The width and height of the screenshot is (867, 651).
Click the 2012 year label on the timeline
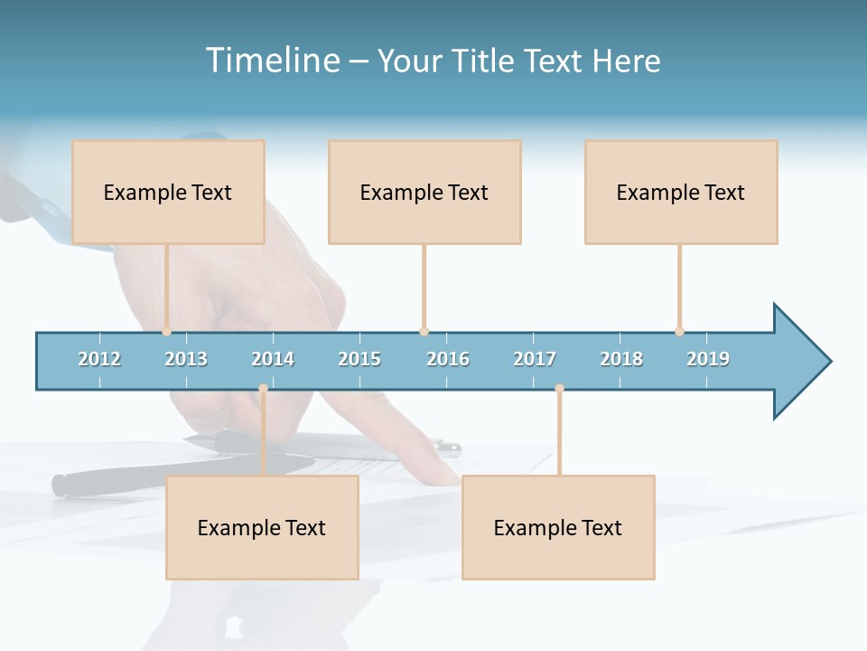99,359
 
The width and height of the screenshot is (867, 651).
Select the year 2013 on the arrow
186,359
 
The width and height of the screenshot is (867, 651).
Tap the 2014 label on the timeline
273,359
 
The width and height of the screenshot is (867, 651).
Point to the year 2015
359,359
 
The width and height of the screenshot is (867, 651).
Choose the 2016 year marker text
448,359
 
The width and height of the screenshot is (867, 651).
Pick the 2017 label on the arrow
535,359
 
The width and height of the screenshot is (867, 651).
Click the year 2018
621,359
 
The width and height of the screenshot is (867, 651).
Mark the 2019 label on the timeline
708,359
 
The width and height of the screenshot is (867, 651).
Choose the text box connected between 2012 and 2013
168,192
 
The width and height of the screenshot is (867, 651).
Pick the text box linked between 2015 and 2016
424,192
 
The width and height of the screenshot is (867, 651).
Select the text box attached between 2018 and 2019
681,192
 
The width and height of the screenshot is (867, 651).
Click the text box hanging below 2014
262,527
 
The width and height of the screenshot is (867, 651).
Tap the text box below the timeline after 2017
558,527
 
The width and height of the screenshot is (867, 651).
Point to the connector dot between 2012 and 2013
166,331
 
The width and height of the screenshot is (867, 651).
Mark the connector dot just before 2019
679,331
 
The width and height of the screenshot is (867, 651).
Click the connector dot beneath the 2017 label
559,388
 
